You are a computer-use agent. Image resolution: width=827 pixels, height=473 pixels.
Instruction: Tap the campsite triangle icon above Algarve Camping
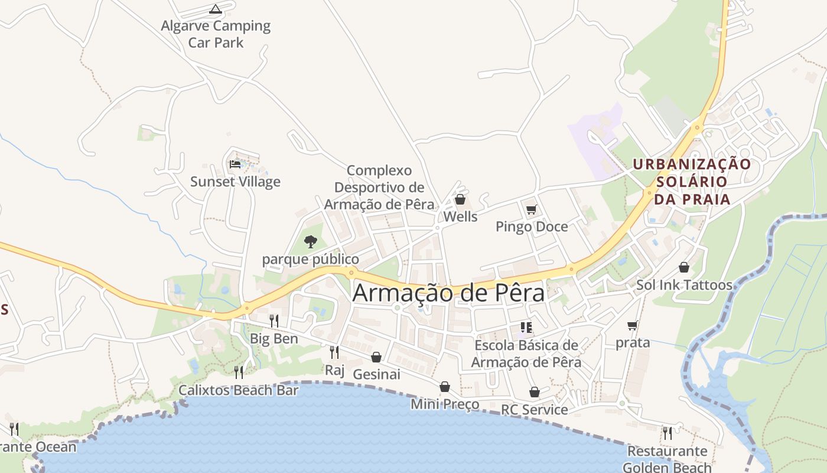(x=216, y=9)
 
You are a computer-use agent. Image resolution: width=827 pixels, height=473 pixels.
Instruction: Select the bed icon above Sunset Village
(x=235, y=164)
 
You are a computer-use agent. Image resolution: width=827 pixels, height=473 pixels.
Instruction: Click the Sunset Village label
(x=235, y=182)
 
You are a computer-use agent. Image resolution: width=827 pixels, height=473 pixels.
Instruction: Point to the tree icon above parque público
(x=310, y=241)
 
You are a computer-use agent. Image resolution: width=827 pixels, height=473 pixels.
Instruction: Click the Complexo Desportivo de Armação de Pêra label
(x=379, y=187)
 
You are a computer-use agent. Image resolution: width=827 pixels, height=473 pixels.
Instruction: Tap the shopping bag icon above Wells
(x=460, y=199)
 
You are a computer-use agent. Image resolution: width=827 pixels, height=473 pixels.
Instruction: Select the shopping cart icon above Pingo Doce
(x=531, y=209)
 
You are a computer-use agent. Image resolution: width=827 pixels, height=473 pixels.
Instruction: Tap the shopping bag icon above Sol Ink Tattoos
(x=684, y=267)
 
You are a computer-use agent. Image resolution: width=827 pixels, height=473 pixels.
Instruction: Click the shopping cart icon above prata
(x=633, y=325)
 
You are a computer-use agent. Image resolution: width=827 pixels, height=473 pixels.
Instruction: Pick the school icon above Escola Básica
(x=526, y=327)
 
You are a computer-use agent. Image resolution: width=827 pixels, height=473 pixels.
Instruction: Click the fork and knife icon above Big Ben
(x=274, y=321)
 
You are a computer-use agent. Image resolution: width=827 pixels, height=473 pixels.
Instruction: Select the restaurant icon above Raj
(x=334, y=352)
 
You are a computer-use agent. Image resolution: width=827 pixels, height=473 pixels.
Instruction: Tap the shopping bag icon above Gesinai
(x=376, y=357)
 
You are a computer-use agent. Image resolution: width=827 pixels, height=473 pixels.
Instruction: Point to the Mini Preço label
(x=445, y=405)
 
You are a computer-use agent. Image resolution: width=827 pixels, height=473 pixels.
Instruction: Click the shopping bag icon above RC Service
(x=535, y=392)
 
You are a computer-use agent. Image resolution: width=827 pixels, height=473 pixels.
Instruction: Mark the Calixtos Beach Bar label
(x=235, y=390)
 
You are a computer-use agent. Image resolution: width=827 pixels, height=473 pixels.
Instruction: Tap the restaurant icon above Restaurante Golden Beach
(x=668, y=433)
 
